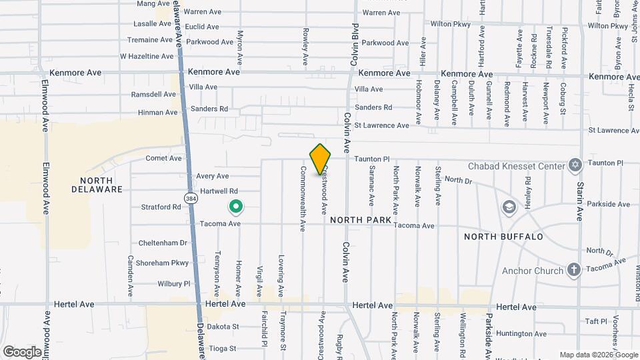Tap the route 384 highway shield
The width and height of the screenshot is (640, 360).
tap(191, 198)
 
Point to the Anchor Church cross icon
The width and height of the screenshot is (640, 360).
tap(573, 270)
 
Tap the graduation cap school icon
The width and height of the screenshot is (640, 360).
tap(510, 207)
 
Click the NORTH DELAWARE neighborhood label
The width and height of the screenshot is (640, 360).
tap(101, 185)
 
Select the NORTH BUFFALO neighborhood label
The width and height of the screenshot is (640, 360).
tap(503, 237)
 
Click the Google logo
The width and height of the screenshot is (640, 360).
tap(21, 351)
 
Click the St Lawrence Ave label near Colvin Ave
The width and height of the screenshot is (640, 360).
tap(381, 125)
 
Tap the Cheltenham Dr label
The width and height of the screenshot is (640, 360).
tap(163, 243)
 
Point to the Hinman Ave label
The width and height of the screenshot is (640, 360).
tap(159, 113)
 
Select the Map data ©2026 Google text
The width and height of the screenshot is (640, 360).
tap(597, 355)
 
